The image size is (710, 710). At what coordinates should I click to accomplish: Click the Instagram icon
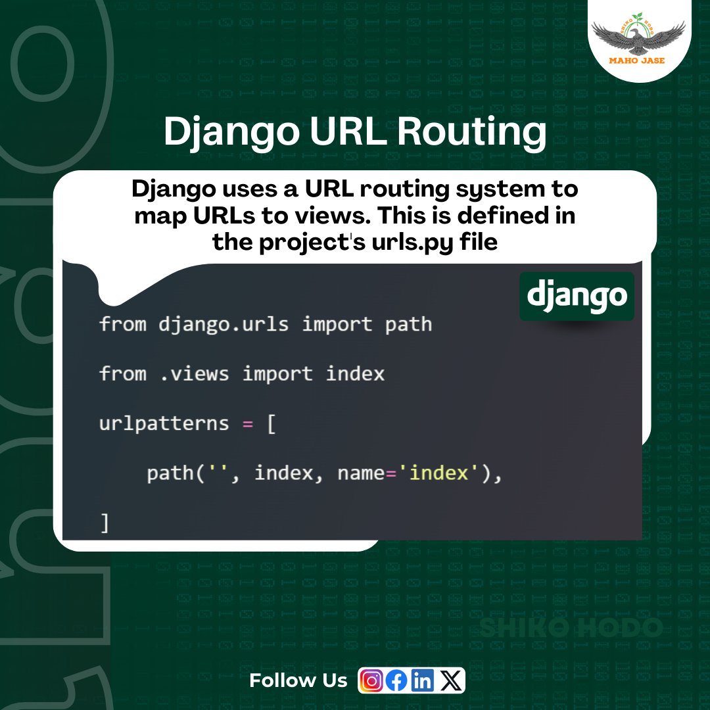tap(372, 680)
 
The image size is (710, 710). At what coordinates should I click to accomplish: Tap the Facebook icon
tap(396, 680)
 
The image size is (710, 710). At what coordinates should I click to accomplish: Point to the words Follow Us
tap(298, 680)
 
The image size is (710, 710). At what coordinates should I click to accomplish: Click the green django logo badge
tap(577, 296)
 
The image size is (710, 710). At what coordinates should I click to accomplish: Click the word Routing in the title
tap(471, 132)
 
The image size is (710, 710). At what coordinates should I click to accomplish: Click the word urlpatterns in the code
tap(164, 423)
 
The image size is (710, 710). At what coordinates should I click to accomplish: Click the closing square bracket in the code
tap(105, 523)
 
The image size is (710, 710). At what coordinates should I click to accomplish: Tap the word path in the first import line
tap(408, 324)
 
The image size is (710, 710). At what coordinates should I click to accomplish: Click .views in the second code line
tap(194, 374)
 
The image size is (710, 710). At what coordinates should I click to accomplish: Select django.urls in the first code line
tap(224, 324)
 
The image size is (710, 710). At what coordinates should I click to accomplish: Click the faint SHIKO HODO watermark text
tap(571, 628)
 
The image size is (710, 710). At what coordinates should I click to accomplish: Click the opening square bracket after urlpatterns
tap(271, 423)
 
